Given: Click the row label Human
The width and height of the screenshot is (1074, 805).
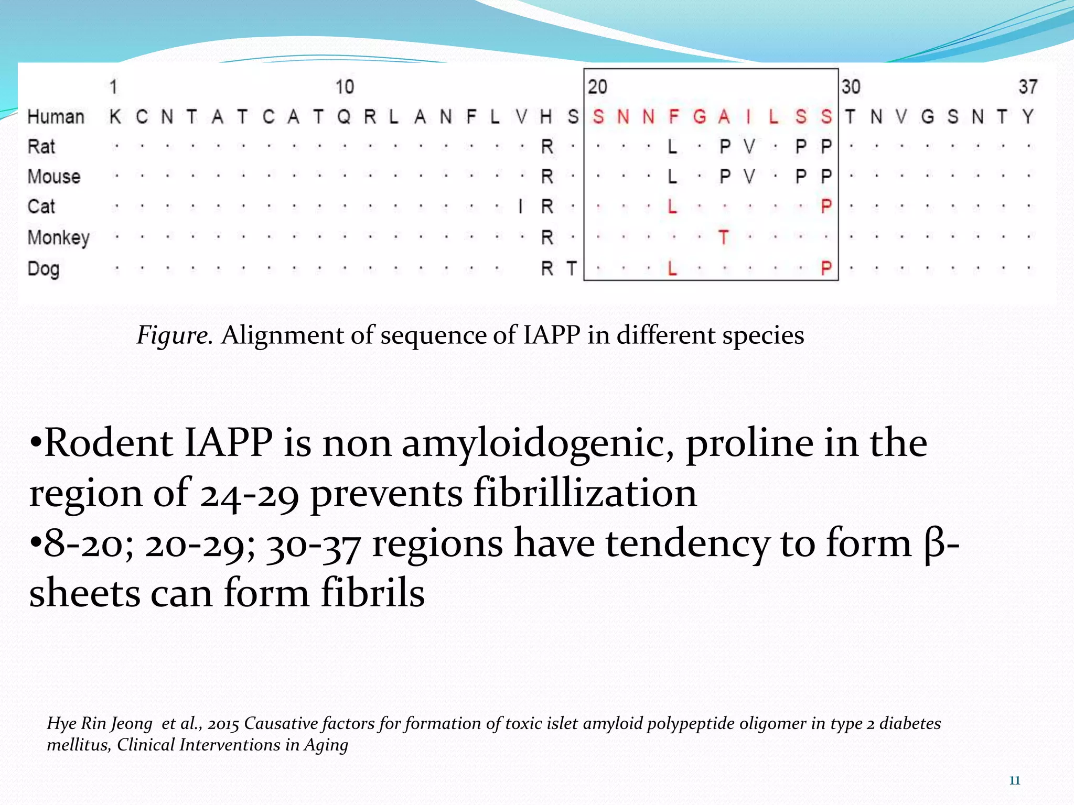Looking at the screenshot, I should [56, 116].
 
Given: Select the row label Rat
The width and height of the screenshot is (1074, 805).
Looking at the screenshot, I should [41, 147].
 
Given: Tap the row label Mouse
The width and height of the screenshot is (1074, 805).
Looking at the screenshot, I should [54, 177].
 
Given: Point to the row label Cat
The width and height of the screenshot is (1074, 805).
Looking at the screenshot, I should [41, 206].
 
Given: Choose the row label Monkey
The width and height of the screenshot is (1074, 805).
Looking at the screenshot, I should [59, 238].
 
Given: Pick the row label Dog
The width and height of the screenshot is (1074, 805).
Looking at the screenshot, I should [44, 269].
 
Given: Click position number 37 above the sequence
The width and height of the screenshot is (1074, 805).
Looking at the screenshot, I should [1028, 87].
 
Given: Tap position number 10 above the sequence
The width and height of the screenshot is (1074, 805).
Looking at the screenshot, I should [345, 87].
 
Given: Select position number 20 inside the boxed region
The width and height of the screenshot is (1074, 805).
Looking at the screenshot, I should [597, 87].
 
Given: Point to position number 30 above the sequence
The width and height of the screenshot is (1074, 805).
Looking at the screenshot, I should [851, 87].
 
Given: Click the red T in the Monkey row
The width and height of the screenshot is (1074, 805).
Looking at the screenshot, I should [724, 238].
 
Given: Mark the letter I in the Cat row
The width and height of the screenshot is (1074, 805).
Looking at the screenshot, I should [520, 206].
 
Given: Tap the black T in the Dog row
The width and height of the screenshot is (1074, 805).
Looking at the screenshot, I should [572, 269].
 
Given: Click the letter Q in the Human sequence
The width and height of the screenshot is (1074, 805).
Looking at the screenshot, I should [344, 116].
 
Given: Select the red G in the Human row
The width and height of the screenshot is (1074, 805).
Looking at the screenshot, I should [699, 116].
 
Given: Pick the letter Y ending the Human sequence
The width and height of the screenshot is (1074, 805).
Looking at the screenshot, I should [1028, 116].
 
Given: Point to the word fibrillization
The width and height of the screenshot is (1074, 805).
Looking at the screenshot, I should [585, 493].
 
